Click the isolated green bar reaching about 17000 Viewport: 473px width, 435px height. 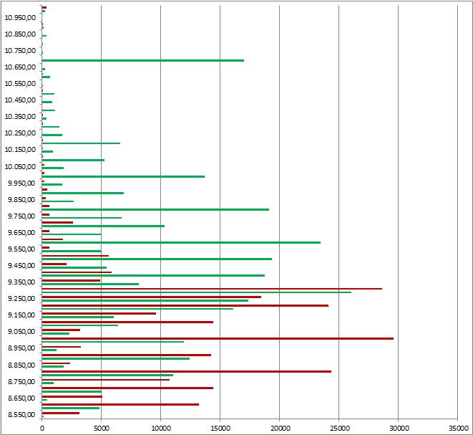click(143, 60)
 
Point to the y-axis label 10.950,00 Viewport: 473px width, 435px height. click(20, 17)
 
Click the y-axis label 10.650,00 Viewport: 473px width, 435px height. click(20, 67)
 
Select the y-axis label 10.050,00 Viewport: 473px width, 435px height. click(20, 166)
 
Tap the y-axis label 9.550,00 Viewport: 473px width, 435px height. click(21, 249)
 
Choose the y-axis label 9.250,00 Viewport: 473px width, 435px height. click(21, 299)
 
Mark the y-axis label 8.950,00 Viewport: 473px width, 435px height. click(21, 348)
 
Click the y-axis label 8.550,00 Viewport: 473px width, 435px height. click(21, 415)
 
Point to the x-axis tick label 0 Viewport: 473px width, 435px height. click(42, 427)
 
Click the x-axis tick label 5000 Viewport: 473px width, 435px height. click(102, 427)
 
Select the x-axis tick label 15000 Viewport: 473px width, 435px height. click(220, 427)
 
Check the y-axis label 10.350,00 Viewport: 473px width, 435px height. click(20, 117)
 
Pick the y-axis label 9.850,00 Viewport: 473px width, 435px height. click(21, 199)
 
